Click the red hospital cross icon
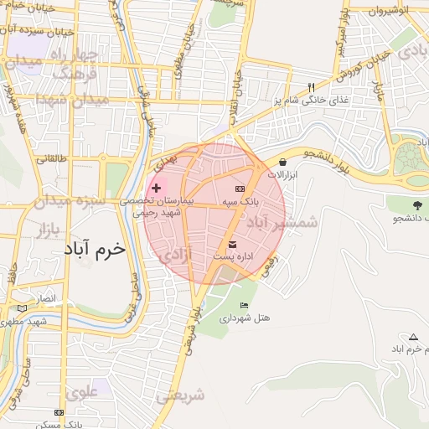click(157, 188)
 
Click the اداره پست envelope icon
click(232, 244)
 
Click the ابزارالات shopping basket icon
click(282, 162)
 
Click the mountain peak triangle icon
click(412, 337)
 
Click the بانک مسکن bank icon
click(58, 413)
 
